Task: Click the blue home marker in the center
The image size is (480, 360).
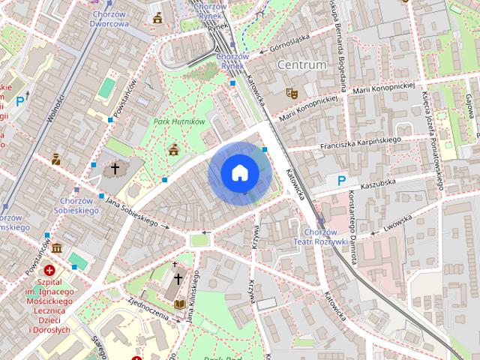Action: pyautogui.click(x=239, y=173)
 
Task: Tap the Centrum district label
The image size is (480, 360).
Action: pyautogui.click(x=301, y=65)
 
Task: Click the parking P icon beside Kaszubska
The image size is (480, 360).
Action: pyautogui.click(x=342, y=180)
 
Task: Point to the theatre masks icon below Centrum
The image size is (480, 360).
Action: pyautogui.click(x=291, y=92)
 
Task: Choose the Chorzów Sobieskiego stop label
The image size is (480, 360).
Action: pyautogui.click(x=76, y=206)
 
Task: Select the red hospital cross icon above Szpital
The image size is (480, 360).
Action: pyautogui.click(x=49, y=269)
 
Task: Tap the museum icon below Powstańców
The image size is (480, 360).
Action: pyautogui.click(x=57, y=247)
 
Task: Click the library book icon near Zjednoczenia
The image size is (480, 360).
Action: pyautogui.click(x=180, y=304)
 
